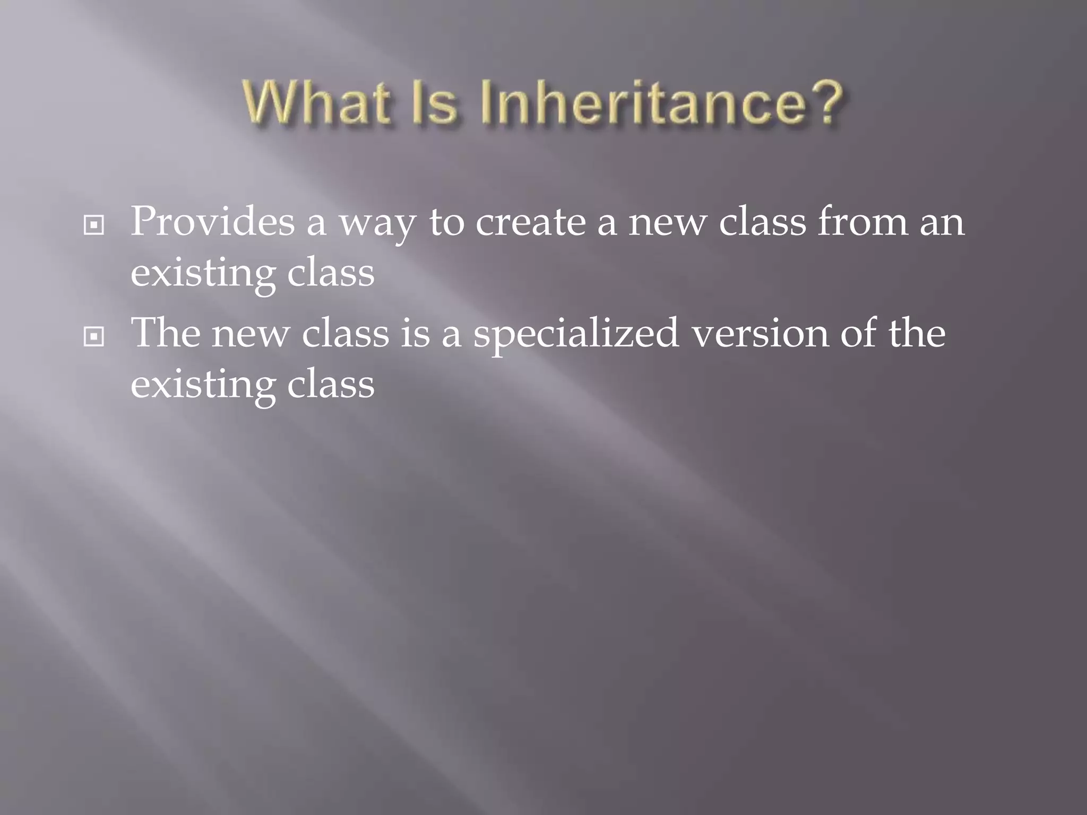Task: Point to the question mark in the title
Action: (x=823, y=103)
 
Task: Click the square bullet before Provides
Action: (x=94, y=226)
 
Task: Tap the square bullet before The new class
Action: (x=94, y=336)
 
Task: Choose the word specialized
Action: (x=576, y=334)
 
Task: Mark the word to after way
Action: (x=446, y=223)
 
